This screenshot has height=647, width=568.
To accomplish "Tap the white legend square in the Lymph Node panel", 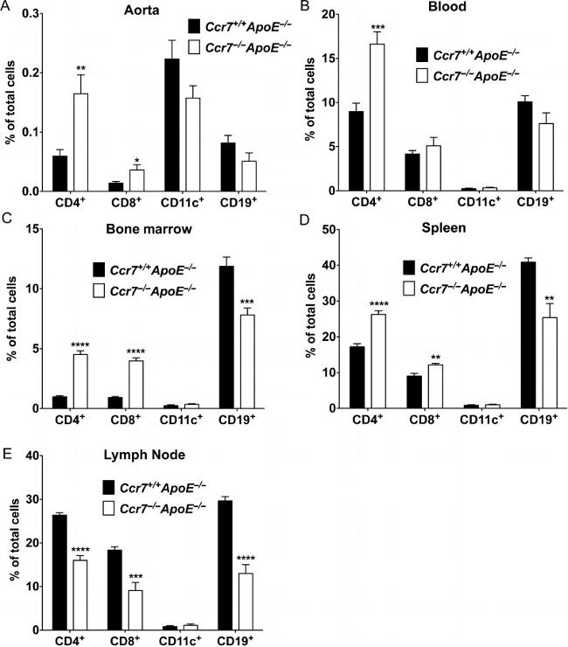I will pos(110,507).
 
